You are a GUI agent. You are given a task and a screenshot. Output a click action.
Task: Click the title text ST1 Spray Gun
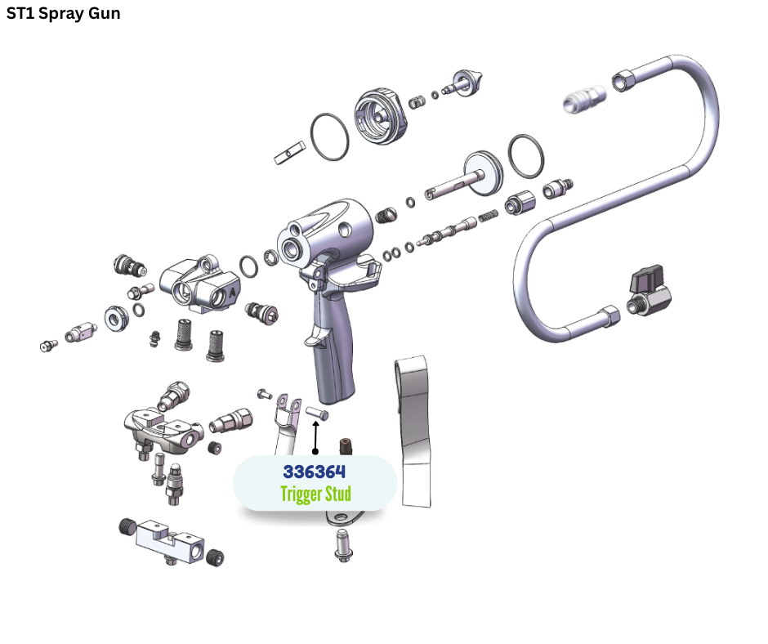click(63, 14)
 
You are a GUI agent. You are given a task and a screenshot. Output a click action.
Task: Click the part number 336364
click(315, 472)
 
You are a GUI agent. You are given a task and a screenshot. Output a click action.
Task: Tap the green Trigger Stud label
click(315, 494)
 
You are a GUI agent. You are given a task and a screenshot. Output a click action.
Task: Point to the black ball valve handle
click(646, 281)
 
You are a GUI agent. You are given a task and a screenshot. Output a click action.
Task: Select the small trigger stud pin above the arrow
click(317, 414)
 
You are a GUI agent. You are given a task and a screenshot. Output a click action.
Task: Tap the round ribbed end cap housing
click(381, 116)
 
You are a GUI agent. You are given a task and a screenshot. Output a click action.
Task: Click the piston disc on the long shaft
click(483, 173)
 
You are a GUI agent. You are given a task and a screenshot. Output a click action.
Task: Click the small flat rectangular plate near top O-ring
click(289, 153)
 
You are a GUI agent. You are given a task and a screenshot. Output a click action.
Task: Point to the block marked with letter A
click(201, 285)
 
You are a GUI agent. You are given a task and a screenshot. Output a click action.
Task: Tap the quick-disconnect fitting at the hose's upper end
click(585, 99)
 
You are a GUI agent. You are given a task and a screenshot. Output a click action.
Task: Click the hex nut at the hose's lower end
click(608, 315)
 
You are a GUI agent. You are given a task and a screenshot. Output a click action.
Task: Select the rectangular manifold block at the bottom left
click(169, 542)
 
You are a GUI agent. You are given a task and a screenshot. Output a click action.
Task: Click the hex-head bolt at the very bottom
click(343, 545)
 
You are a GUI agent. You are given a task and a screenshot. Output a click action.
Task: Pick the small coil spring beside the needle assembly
click(488, 216)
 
